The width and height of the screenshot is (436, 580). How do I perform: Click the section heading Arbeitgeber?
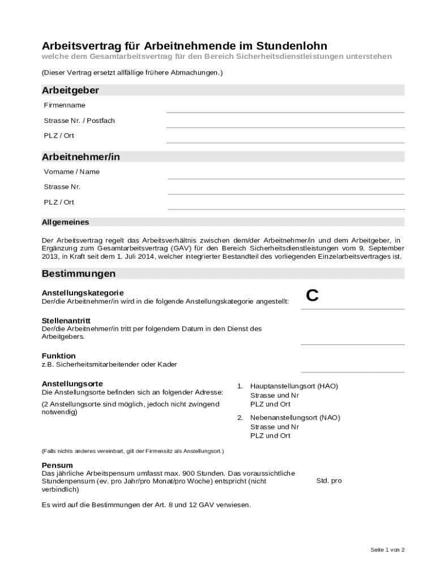tap(70, 91)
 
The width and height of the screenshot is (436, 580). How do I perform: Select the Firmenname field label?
tap(65, 105)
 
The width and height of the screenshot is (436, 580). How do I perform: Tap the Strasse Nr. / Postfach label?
tap(79, 121)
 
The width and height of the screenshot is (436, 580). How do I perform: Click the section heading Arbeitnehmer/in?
tap(81, 157)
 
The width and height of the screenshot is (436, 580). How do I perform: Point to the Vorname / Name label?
tap(72, 172)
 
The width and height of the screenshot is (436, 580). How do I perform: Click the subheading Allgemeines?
tap(65, 222)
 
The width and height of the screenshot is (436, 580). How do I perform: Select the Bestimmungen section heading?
tap(79, 274)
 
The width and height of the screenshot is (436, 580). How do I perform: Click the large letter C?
tap(313, 296)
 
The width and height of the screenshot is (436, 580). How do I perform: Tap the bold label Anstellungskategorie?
tap(83, 293)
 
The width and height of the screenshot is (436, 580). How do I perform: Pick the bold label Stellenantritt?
tap(66, 321)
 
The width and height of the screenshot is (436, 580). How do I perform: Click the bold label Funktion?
tap(59, 356)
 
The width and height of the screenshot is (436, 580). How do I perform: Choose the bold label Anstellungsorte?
tap(72, 383)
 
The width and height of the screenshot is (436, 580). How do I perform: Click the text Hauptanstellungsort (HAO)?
tap(294, 386)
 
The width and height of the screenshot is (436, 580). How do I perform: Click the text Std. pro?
tap(329, 481)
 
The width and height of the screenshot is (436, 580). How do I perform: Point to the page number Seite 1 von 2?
tap(387, 549)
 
